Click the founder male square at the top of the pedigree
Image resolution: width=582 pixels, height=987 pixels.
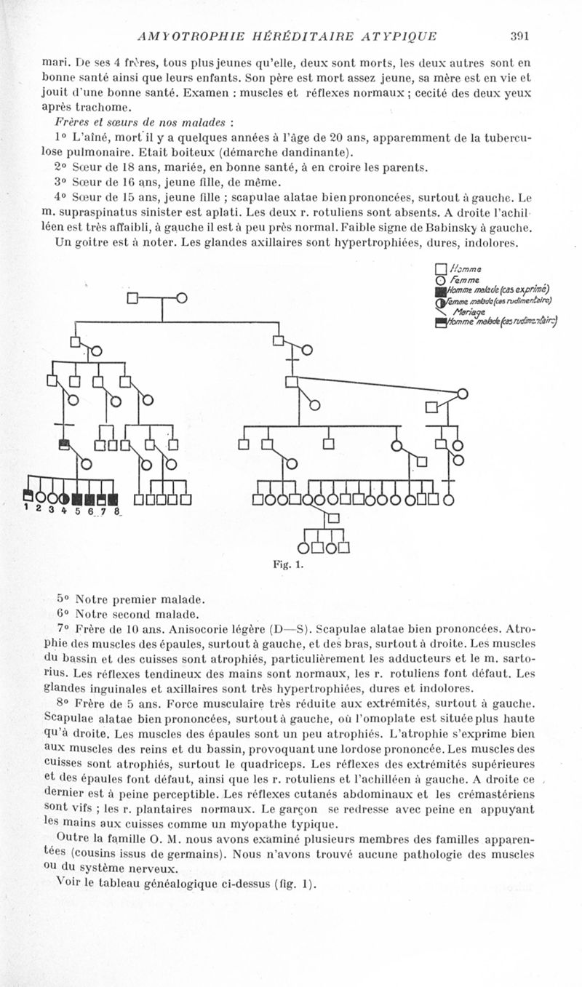(x=132, y=298)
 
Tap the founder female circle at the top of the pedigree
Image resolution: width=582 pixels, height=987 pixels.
(x=182, y=298)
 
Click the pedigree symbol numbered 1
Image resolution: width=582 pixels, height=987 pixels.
(x=28, y=499)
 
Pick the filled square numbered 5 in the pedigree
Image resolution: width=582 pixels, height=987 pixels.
(x=77, y=499)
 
